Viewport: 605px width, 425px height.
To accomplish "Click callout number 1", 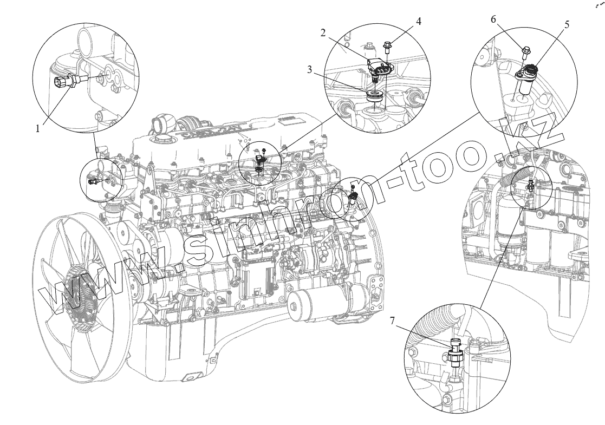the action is coord(38,128).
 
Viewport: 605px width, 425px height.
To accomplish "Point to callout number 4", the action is coord(419,21).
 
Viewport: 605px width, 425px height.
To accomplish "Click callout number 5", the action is coord(566,24).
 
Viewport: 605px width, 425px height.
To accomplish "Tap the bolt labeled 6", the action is coord(526,53).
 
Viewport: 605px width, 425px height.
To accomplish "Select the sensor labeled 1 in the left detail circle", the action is coord(64,82).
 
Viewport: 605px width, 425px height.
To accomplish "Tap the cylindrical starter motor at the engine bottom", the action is coord(320,306).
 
